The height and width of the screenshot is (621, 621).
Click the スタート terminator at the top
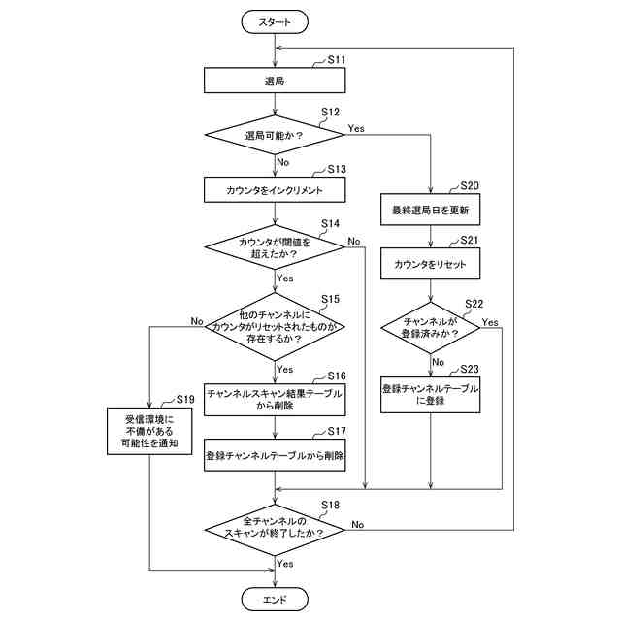point(276,21)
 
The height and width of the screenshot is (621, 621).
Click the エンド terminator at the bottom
point(276,599)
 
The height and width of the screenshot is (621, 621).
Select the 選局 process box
point(276,82)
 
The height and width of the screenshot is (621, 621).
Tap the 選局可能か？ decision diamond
point(276,136)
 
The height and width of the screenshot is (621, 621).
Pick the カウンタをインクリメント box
point(276,188)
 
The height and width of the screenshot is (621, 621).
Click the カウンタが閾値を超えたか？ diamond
point(276,247)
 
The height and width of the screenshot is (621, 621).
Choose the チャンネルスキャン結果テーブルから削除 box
point(276,400)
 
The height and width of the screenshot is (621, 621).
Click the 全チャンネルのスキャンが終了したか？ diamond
point(276,526)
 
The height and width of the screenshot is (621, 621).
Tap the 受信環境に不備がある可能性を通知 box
point(151,433)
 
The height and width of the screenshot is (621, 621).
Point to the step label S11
point(337,60)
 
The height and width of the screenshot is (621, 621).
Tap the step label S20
point(470,185)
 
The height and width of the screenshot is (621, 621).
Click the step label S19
point(185,399)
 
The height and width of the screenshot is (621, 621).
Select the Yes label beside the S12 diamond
point(356,127)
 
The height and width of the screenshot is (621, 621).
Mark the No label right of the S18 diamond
point(358,524)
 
